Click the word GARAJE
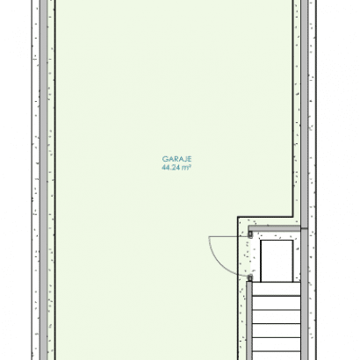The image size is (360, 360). (176, 159)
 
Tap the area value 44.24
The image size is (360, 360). (170, 168)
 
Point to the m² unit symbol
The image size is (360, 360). (186, 168)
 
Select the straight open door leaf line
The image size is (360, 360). (228, 236)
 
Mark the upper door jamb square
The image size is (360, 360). (250, 234)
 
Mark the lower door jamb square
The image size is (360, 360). (250, 277)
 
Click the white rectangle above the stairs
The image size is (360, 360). (277, 261)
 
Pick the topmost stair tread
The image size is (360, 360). (277, 289)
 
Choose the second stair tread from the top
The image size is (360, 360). (277, 303)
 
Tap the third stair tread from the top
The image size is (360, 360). (277, 317)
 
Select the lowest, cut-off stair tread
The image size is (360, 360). (277, 356)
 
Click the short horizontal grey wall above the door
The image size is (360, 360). (274, 228)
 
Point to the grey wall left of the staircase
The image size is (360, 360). (249, 320)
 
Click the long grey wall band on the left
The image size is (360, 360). (43, 180)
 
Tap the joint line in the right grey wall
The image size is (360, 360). (305, 228)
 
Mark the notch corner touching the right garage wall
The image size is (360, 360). (292, 217)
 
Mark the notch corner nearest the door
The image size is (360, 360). (238, 217)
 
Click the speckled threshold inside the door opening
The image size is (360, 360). (244, 256)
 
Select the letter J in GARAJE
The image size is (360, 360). (184, 159)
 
